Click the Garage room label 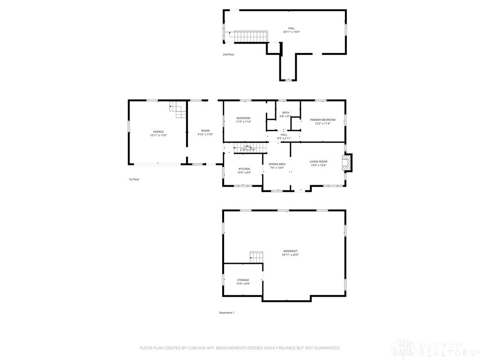click(x=158, y=132)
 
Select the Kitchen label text click(x=244, y=169)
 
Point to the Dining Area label click(x=277, y=164)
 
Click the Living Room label click(x=318, y=162)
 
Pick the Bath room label click(x=285, y=112)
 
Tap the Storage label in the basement click(x=243, y=280)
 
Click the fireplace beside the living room click(x=347, y=163)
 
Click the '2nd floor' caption click(x=229, y=54)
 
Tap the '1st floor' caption click(x=134, y=179)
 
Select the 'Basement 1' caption click(x=227, y=313)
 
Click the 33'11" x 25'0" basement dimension click(x=291, y=255)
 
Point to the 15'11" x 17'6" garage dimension click(x=158, y=135)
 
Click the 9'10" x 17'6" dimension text click(x=205, y=135)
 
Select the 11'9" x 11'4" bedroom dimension click(x=244, y=121)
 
